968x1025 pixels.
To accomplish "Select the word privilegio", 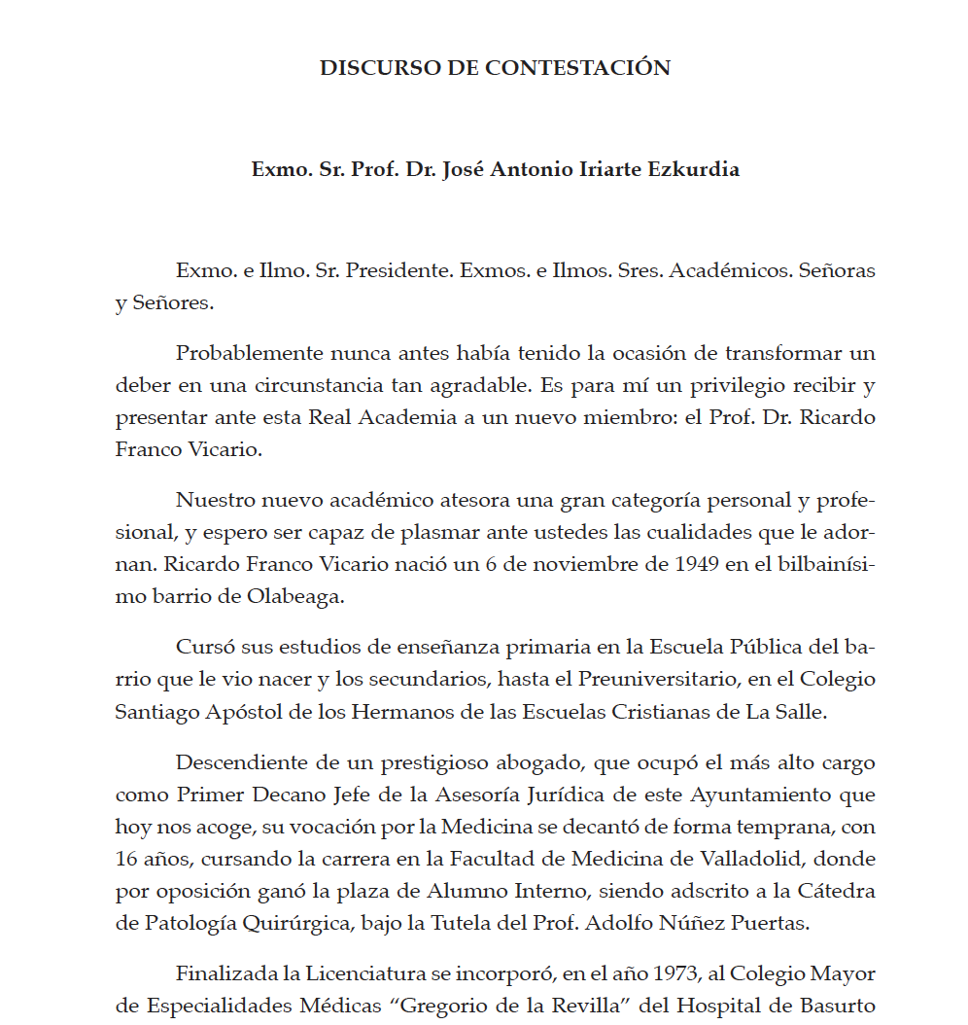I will click(x=744, y=385).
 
